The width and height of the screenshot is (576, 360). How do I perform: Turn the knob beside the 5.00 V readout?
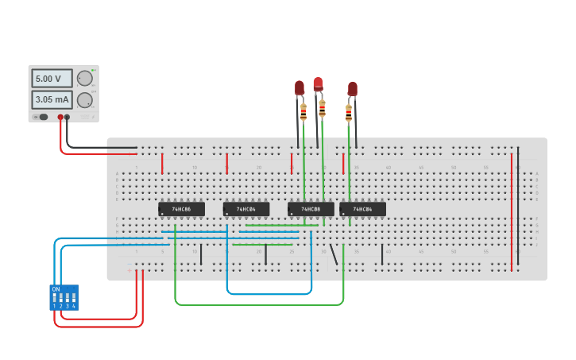[84, 78]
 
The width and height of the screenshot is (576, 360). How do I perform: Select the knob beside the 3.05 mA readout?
[84, 99]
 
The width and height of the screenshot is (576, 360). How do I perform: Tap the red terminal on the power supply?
[60, 117]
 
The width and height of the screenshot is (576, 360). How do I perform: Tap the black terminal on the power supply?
[67, 117]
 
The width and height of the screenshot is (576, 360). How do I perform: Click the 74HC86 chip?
[181, 209]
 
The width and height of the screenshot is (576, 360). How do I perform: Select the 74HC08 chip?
[311, 209]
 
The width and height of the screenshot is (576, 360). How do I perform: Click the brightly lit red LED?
[318, 83]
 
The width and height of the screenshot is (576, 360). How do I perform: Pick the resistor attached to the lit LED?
[322, 107]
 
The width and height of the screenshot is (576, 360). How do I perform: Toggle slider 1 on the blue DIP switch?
[55, 299]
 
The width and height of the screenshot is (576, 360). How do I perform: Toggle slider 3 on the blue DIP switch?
[68, 299]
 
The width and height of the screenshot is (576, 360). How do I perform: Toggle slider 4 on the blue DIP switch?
[74, 299]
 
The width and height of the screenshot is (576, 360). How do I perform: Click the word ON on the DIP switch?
[56, 289]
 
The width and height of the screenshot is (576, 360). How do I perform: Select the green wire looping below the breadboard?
[259, 304]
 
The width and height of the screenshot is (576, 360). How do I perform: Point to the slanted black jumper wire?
[334, 254]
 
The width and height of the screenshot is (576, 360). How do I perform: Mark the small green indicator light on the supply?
[94, 71]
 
